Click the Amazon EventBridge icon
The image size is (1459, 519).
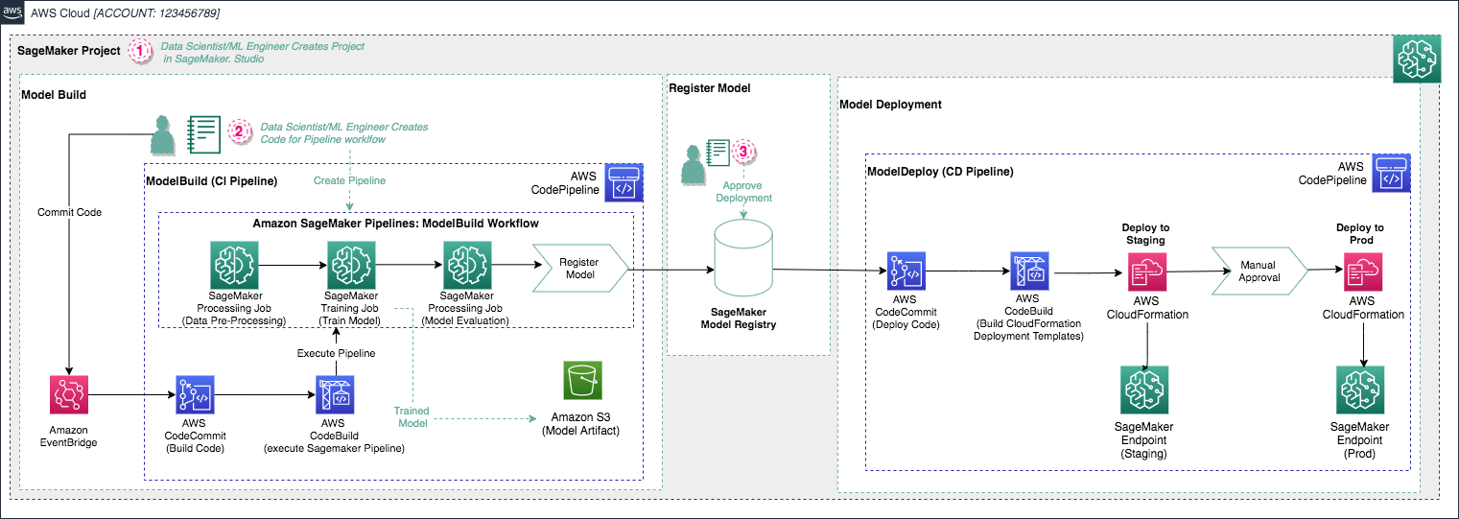[68, 395]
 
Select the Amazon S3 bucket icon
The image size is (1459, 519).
[582, 382]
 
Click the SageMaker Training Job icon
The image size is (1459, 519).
[348, 264]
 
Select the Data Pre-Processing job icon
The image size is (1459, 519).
[234, 264]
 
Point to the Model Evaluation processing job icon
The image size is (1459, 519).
[467, 264]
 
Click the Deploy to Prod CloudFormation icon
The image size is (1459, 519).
[1362, 272]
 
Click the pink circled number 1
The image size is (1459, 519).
[141, 51]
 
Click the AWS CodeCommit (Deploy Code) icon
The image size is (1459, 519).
[906, 272]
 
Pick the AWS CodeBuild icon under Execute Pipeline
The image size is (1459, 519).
[335, 394]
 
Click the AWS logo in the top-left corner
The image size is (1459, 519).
[12, 12]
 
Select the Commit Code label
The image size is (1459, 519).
[69, 212]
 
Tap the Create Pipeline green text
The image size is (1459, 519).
[349, 179]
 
